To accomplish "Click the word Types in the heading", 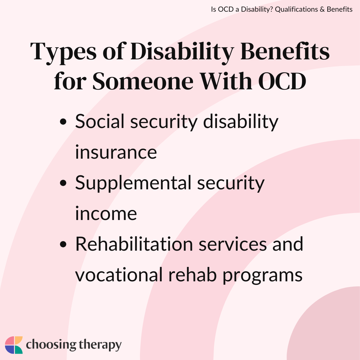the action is click(63, 53).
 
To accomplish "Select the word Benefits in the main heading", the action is click(285, 51).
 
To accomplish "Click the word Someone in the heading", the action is click(143, 81).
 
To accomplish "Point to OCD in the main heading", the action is click(282, 81).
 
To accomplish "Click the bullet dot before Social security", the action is click(63, 121).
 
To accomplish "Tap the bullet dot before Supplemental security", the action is click(63, 183).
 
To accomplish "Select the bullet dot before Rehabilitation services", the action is click(63, 244).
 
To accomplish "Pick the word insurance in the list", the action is click(116, 152).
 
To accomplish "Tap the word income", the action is click(106, 214).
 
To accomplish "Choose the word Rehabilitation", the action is click(134, 244).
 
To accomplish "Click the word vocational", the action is click(119, 275).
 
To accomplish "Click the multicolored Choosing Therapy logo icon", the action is click(14, 345).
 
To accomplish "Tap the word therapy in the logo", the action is click(100, 345).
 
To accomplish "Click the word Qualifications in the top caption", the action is click(296, 9).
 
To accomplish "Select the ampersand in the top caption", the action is click(322, 9).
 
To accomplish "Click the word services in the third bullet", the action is click(233, 244).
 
